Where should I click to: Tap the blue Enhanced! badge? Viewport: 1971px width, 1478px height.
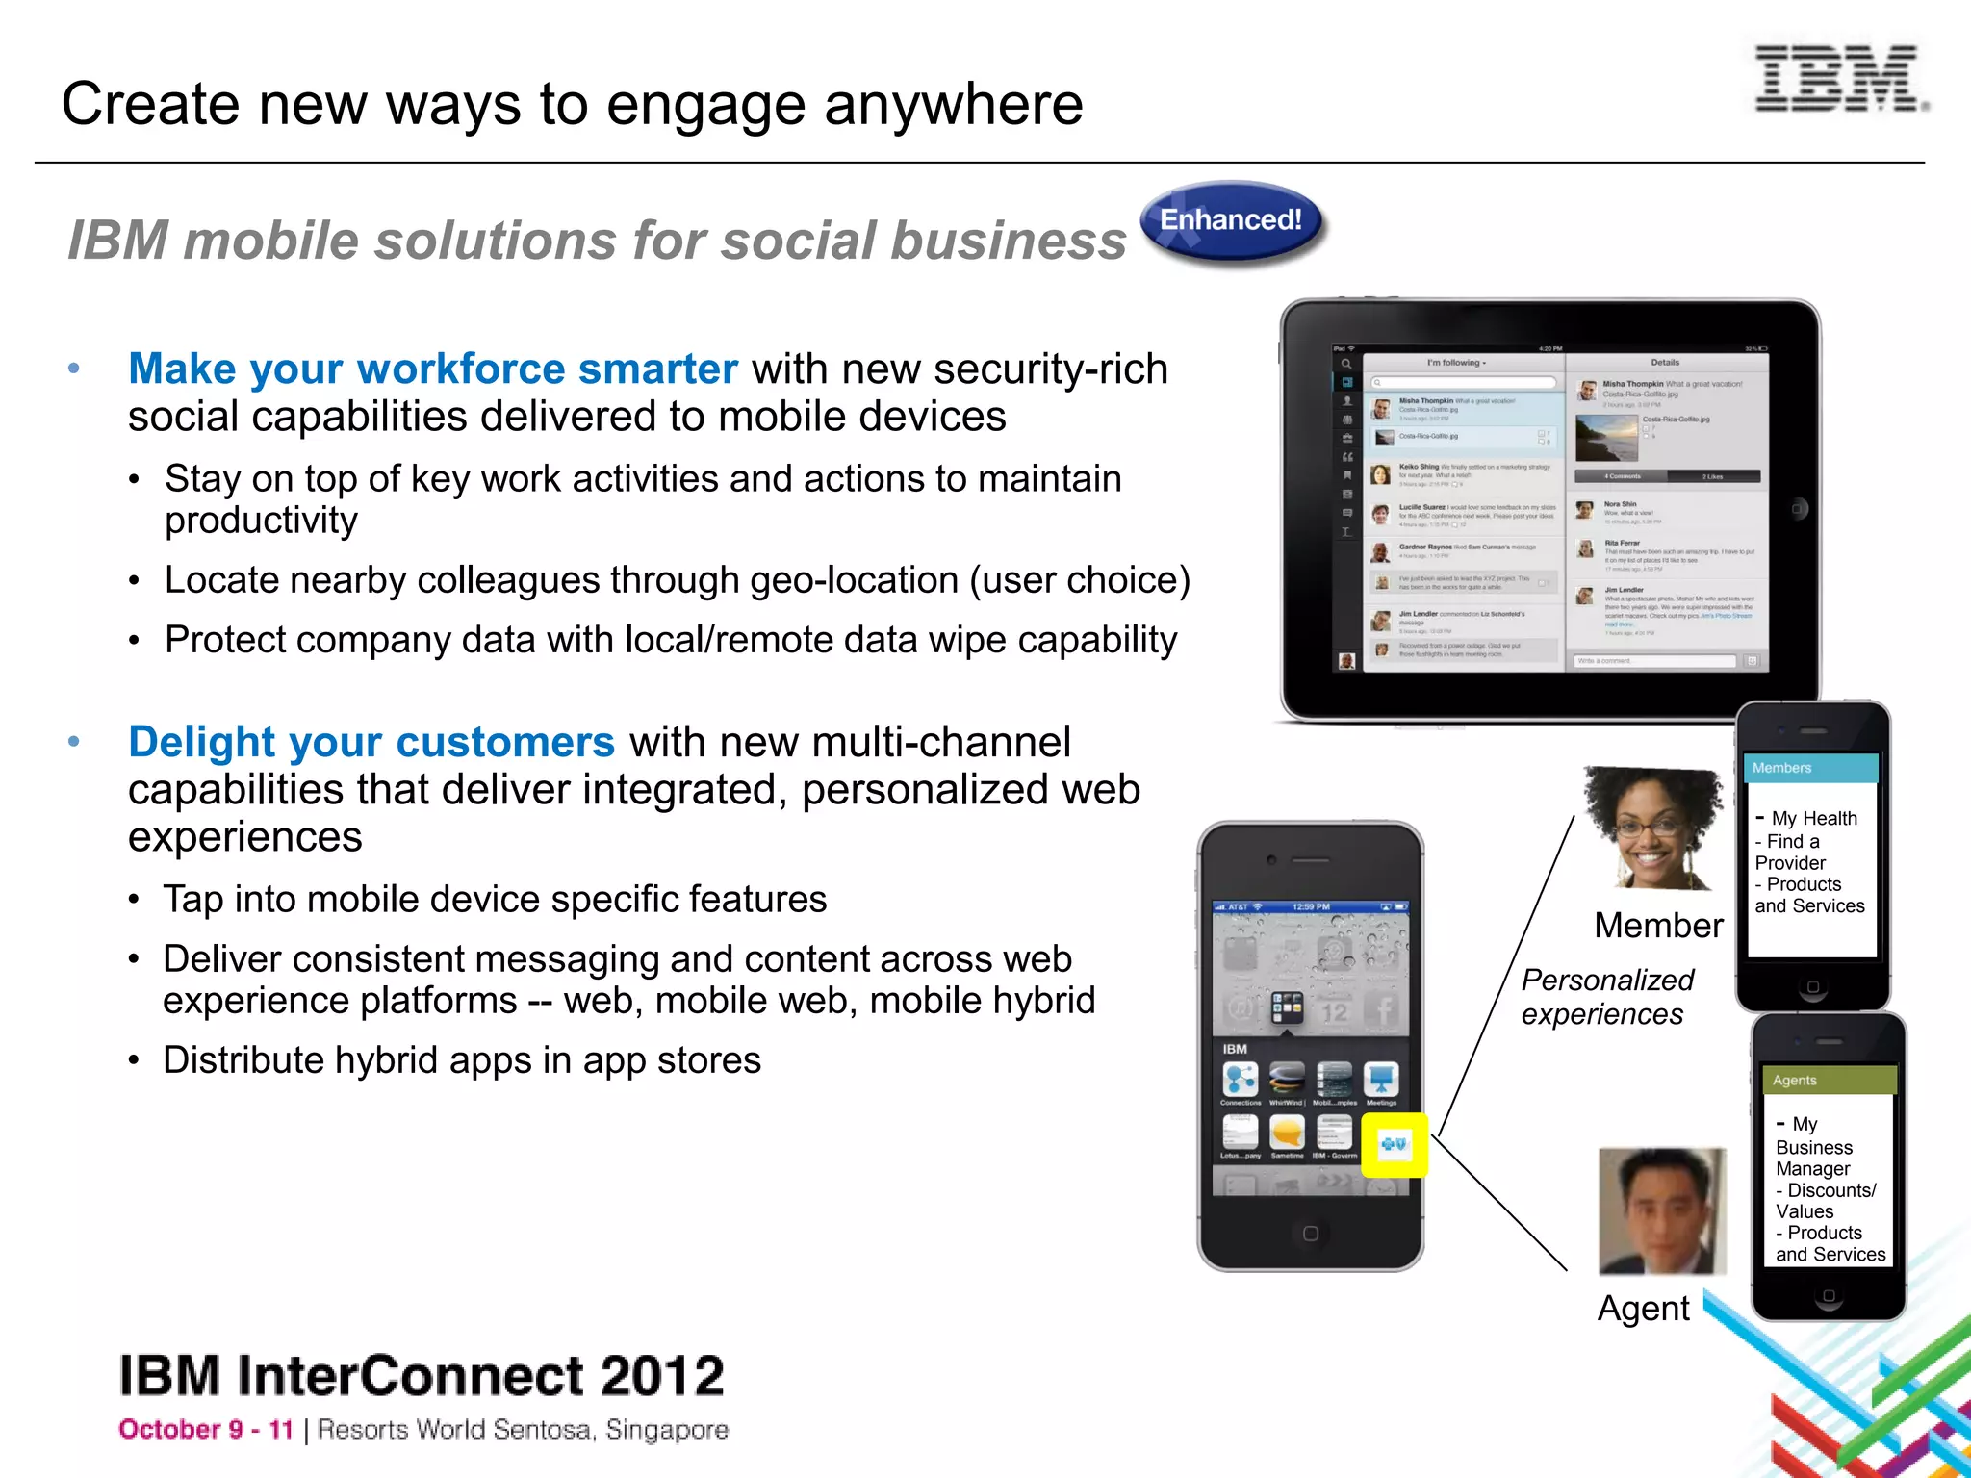pyautogui.click(x=1231, y=221)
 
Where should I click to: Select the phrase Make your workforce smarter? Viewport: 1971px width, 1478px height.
pyautogui.click(x=432, y=369)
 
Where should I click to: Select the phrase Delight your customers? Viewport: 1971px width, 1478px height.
pyautogui.click(x=371, y=742)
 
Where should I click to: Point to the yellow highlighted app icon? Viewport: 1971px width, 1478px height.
pyautogui.click(x=1394, y=1144)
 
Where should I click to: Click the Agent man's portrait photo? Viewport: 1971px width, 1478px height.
pyautogui.click(x=1661, y=1211)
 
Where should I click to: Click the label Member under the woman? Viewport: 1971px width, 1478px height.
pyautogui.click(x=1658, y=926)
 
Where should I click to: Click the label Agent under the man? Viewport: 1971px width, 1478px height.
pyautogui.click(x=1643, y=1309)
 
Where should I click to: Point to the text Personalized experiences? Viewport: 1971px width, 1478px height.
pyautogui.click(x=1605, y=997)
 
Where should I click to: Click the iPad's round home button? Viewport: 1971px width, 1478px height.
pyautogui.click(x=1798, y=509)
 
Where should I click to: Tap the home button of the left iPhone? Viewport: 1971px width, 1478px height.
pyautogui.click(x=1310, y=1234)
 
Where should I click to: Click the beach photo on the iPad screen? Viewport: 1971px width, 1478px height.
pyautogui.click(x=1605, y=439)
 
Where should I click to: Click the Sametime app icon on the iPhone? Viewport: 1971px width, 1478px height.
pyautogui.click(x=1287, y=1133)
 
